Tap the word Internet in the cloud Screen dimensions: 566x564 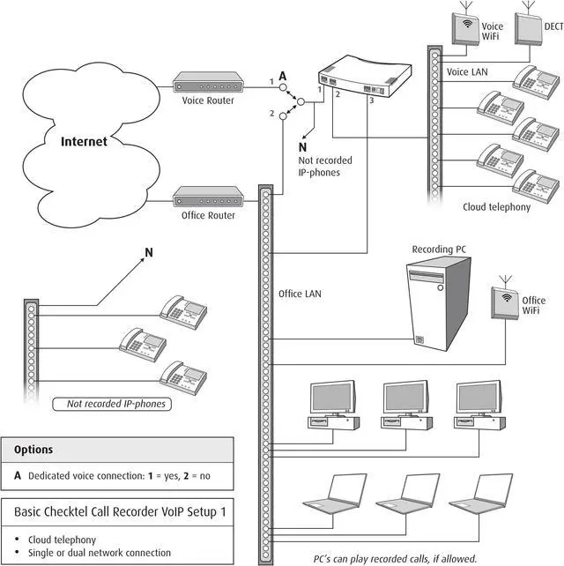coord(84,141)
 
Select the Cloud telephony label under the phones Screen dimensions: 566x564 coord(496,207)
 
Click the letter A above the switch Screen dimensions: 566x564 coord(282,77)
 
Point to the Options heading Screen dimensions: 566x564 coord(33,450)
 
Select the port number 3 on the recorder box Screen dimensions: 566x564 coord(372,101)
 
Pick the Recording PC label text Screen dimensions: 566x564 coord(441,249)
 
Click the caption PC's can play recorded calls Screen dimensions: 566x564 coord(395,558)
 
